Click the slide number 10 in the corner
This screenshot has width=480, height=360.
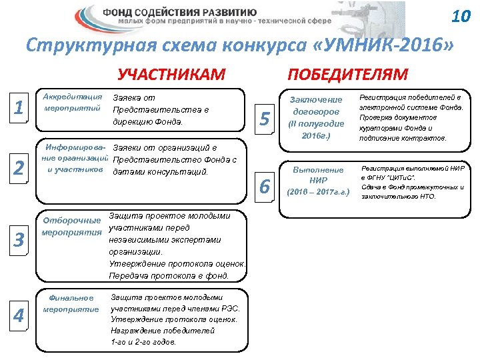[460, 16]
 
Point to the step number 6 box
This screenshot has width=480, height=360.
[265, 187]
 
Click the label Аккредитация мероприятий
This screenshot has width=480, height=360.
[72, 101]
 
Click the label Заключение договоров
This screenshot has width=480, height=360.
[316, 106]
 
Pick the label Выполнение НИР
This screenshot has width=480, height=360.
[317, 175]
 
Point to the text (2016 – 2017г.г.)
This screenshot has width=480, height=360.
[317, 193]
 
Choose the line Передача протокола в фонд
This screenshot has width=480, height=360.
[169, 275]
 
